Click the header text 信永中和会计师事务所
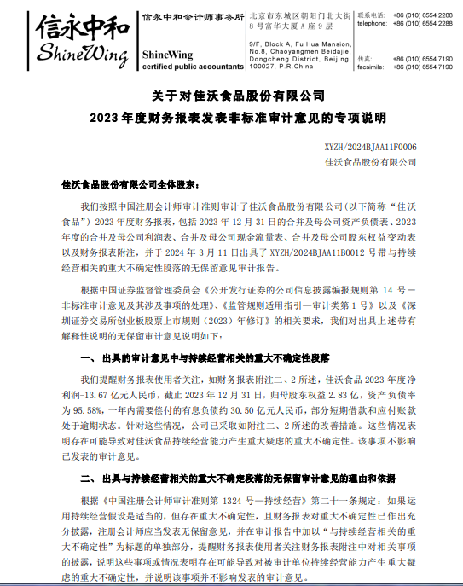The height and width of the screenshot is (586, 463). (x=194, y=15)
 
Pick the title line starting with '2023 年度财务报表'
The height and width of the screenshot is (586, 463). (x=231, y=116)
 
